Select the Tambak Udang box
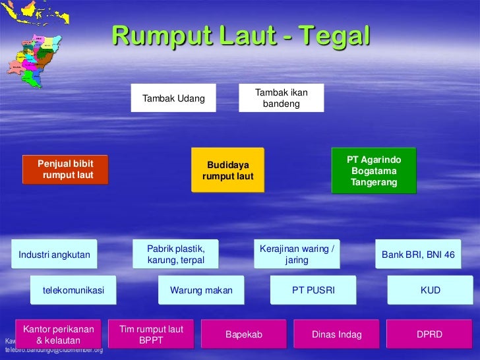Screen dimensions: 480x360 tap(173, 98)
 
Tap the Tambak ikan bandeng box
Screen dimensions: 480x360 tap(281, 98)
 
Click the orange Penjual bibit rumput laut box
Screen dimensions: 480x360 tap(65, 169)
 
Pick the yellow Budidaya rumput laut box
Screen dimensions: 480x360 tap(227, 170)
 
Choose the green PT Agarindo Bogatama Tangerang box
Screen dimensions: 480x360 tap(374, 171)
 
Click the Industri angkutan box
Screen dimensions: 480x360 tap(54, 255)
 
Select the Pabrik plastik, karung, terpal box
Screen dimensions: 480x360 tap(175, 255)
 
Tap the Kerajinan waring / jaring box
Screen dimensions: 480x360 tap(297, 255)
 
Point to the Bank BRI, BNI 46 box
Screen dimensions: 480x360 tap(418, 255)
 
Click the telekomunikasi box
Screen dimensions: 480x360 tap(73, 290)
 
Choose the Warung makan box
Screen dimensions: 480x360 tap(201, 290)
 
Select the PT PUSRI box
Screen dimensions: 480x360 tap(313, 290)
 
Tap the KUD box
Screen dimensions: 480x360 tap(430, 290)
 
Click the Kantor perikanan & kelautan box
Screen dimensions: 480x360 tap(59, 334)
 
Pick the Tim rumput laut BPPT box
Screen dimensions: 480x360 tap(151, 334)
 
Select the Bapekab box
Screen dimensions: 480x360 tap(244, 334)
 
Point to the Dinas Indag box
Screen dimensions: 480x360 tap(336, 334)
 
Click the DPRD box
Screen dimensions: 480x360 tap(429, 334)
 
